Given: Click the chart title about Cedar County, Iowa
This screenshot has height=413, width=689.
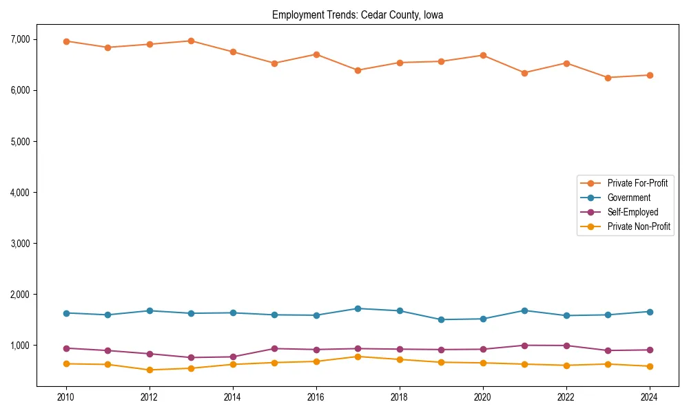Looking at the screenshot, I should tap(358, 14).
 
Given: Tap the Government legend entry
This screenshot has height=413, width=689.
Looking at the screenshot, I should tap(628, 198).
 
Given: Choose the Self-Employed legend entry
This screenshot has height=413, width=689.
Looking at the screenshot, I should tap(633, 212).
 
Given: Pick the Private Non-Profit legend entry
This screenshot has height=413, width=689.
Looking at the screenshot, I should tap(639, 226).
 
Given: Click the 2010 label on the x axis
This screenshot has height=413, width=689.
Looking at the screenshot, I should tap(66, 397).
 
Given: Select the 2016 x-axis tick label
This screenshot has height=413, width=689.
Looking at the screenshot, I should tap(316, 397).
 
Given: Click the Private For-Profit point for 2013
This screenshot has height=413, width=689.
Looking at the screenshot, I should tap(191, 41).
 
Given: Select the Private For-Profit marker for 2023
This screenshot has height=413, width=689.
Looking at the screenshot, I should tap(608, 78).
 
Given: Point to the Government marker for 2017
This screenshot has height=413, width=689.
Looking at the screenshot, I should tap(358, 308).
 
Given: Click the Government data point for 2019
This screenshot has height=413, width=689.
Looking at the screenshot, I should tap(441, 319).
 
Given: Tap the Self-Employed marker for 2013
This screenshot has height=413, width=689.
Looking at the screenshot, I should tap(191, 357).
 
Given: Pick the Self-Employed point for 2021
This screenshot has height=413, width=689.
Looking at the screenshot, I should tap(524, 346).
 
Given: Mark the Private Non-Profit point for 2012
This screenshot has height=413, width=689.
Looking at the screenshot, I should tap(150, 370).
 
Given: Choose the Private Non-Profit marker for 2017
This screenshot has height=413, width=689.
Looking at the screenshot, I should tap(358, 357).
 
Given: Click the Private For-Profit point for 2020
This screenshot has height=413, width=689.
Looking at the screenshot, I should tap(483, 55).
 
